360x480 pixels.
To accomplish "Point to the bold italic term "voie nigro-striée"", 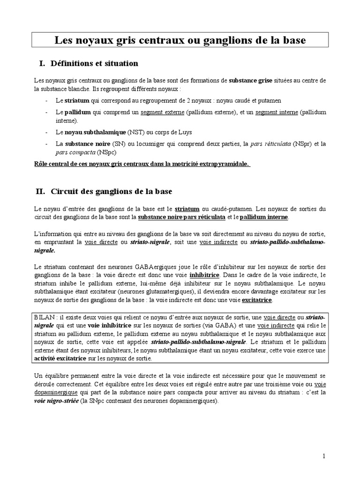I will [x=55, y=401].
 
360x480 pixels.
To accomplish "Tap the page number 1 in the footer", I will [x=324, y=456].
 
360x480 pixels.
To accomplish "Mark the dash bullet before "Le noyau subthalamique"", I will [x=46, y=133].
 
